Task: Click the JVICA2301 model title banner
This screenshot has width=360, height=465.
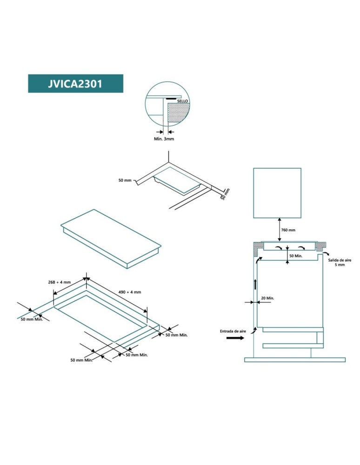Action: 76,84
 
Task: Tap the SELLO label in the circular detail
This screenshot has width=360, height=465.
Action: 182,101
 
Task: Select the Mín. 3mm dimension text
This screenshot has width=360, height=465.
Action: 164,139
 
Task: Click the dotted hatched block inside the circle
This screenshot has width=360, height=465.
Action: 178,113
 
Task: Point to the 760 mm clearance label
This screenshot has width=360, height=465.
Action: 288,230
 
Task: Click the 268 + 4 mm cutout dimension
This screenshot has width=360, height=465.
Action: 60,282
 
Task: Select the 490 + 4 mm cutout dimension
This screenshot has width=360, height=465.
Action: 130,292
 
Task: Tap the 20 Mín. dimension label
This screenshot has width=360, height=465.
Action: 267,298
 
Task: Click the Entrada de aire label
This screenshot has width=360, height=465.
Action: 233,331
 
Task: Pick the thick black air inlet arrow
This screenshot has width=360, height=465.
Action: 235,338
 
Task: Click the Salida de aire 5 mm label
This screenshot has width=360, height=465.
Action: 340,262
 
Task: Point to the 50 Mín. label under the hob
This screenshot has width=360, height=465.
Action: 296,256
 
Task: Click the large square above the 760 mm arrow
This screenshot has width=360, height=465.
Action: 277,193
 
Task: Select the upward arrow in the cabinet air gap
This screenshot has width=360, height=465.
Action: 255,284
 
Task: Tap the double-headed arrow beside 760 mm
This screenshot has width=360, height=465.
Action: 280,230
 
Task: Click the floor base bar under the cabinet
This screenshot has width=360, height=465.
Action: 295,360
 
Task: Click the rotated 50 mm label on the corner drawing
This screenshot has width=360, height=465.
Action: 226,194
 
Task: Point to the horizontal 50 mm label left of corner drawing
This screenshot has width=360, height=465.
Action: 125,180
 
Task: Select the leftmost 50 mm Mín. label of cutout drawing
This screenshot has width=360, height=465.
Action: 32,319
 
